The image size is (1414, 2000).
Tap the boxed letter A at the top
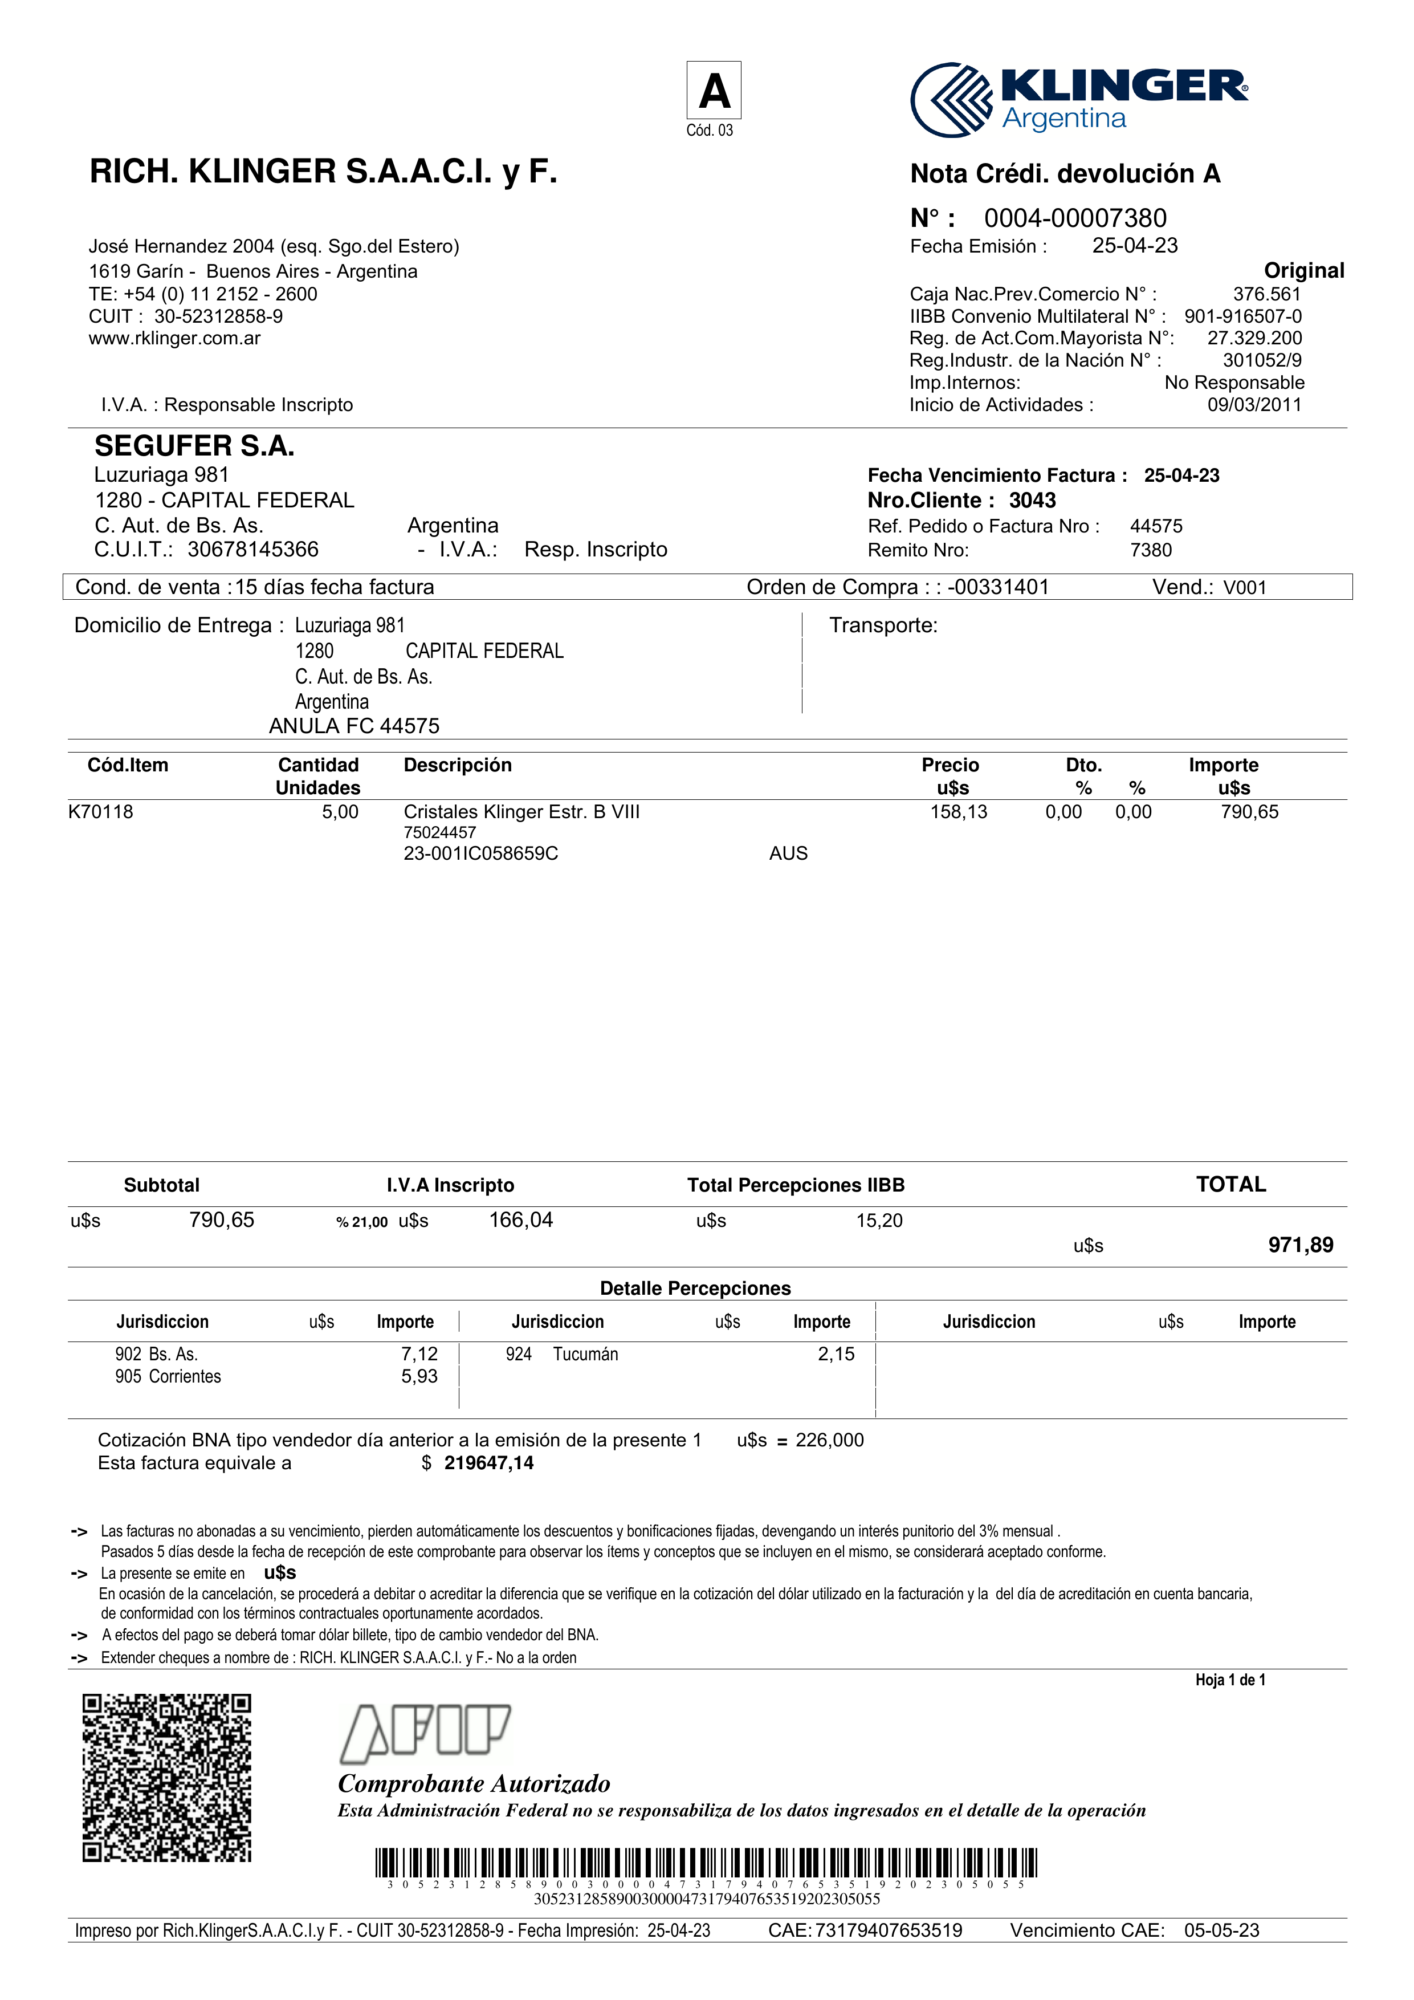[x=714, y=91]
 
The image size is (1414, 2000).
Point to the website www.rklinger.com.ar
[x=174, y=338]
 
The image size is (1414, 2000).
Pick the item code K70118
[x=101, y=812]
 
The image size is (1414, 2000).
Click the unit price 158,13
[x=959, y=812]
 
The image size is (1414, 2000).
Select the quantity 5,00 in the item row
[x=340, y=812]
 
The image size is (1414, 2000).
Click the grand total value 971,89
[x=1300, y=1245]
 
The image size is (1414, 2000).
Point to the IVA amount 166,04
[x=521, y=1219]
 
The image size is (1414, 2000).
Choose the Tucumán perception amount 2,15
[x=836, y=1353]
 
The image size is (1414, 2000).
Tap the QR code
[x=167, y=1777]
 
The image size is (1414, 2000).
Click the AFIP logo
[x=425, y=1733]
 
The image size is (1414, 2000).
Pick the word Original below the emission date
[x=1303, y=270]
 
